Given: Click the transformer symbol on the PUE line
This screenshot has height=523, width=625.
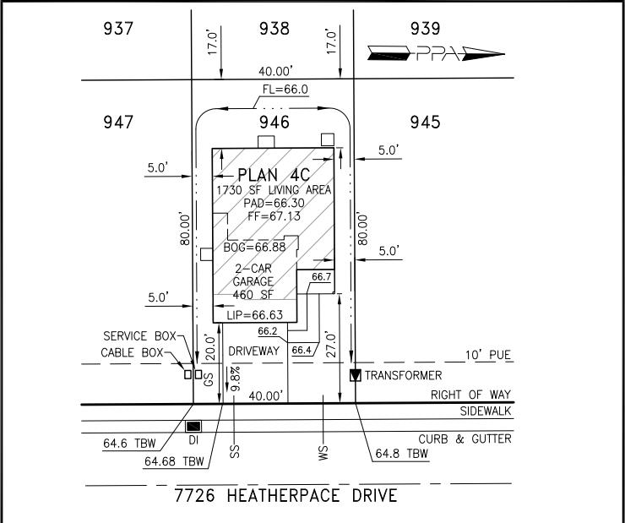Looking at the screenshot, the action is point(355,375).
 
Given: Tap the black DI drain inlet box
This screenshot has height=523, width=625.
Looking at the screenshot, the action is point(193,426).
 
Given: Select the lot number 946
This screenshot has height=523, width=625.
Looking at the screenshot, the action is point(274,122).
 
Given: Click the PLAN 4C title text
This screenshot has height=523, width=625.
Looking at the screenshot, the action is point(274,175).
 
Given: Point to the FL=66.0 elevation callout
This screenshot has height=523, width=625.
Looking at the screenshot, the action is point(285,90).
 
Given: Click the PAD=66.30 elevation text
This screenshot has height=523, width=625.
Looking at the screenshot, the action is point(274,203).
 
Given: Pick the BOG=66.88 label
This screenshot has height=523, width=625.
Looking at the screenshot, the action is point(254,248).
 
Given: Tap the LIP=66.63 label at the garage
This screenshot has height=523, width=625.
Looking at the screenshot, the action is point(255,315).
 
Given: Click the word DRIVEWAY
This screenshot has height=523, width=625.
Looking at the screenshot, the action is point(254,351).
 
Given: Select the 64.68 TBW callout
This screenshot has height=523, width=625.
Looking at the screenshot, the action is point(174,461).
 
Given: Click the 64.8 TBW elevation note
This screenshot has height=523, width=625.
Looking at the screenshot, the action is point(402,453).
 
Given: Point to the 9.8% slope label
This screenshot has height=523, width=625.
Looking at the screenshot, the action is point(236,379).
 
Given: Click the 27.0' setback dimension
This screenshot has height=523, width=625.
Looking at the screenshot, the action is point(331,344).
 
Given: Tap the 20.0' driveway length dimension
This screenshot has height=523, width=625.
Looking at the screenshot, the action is point(210,347).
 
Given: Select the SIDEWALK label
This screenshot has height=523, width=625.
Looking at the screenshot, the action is point(486,411).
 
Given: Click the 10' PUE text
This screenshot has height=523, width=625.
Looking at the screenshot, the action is point(488,355).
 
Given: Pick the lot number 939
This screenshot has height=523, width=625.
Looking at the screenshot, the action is point(426,29).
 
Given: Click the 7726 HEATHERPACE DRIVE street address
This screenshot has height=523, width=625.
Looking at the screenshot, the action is point(285,495).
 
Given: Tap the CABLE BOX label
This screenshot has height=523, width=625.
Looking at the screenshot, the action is point(132,353).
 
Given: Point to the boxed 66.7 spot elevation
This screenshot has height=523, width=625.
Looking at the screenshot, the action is point(321,276).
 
